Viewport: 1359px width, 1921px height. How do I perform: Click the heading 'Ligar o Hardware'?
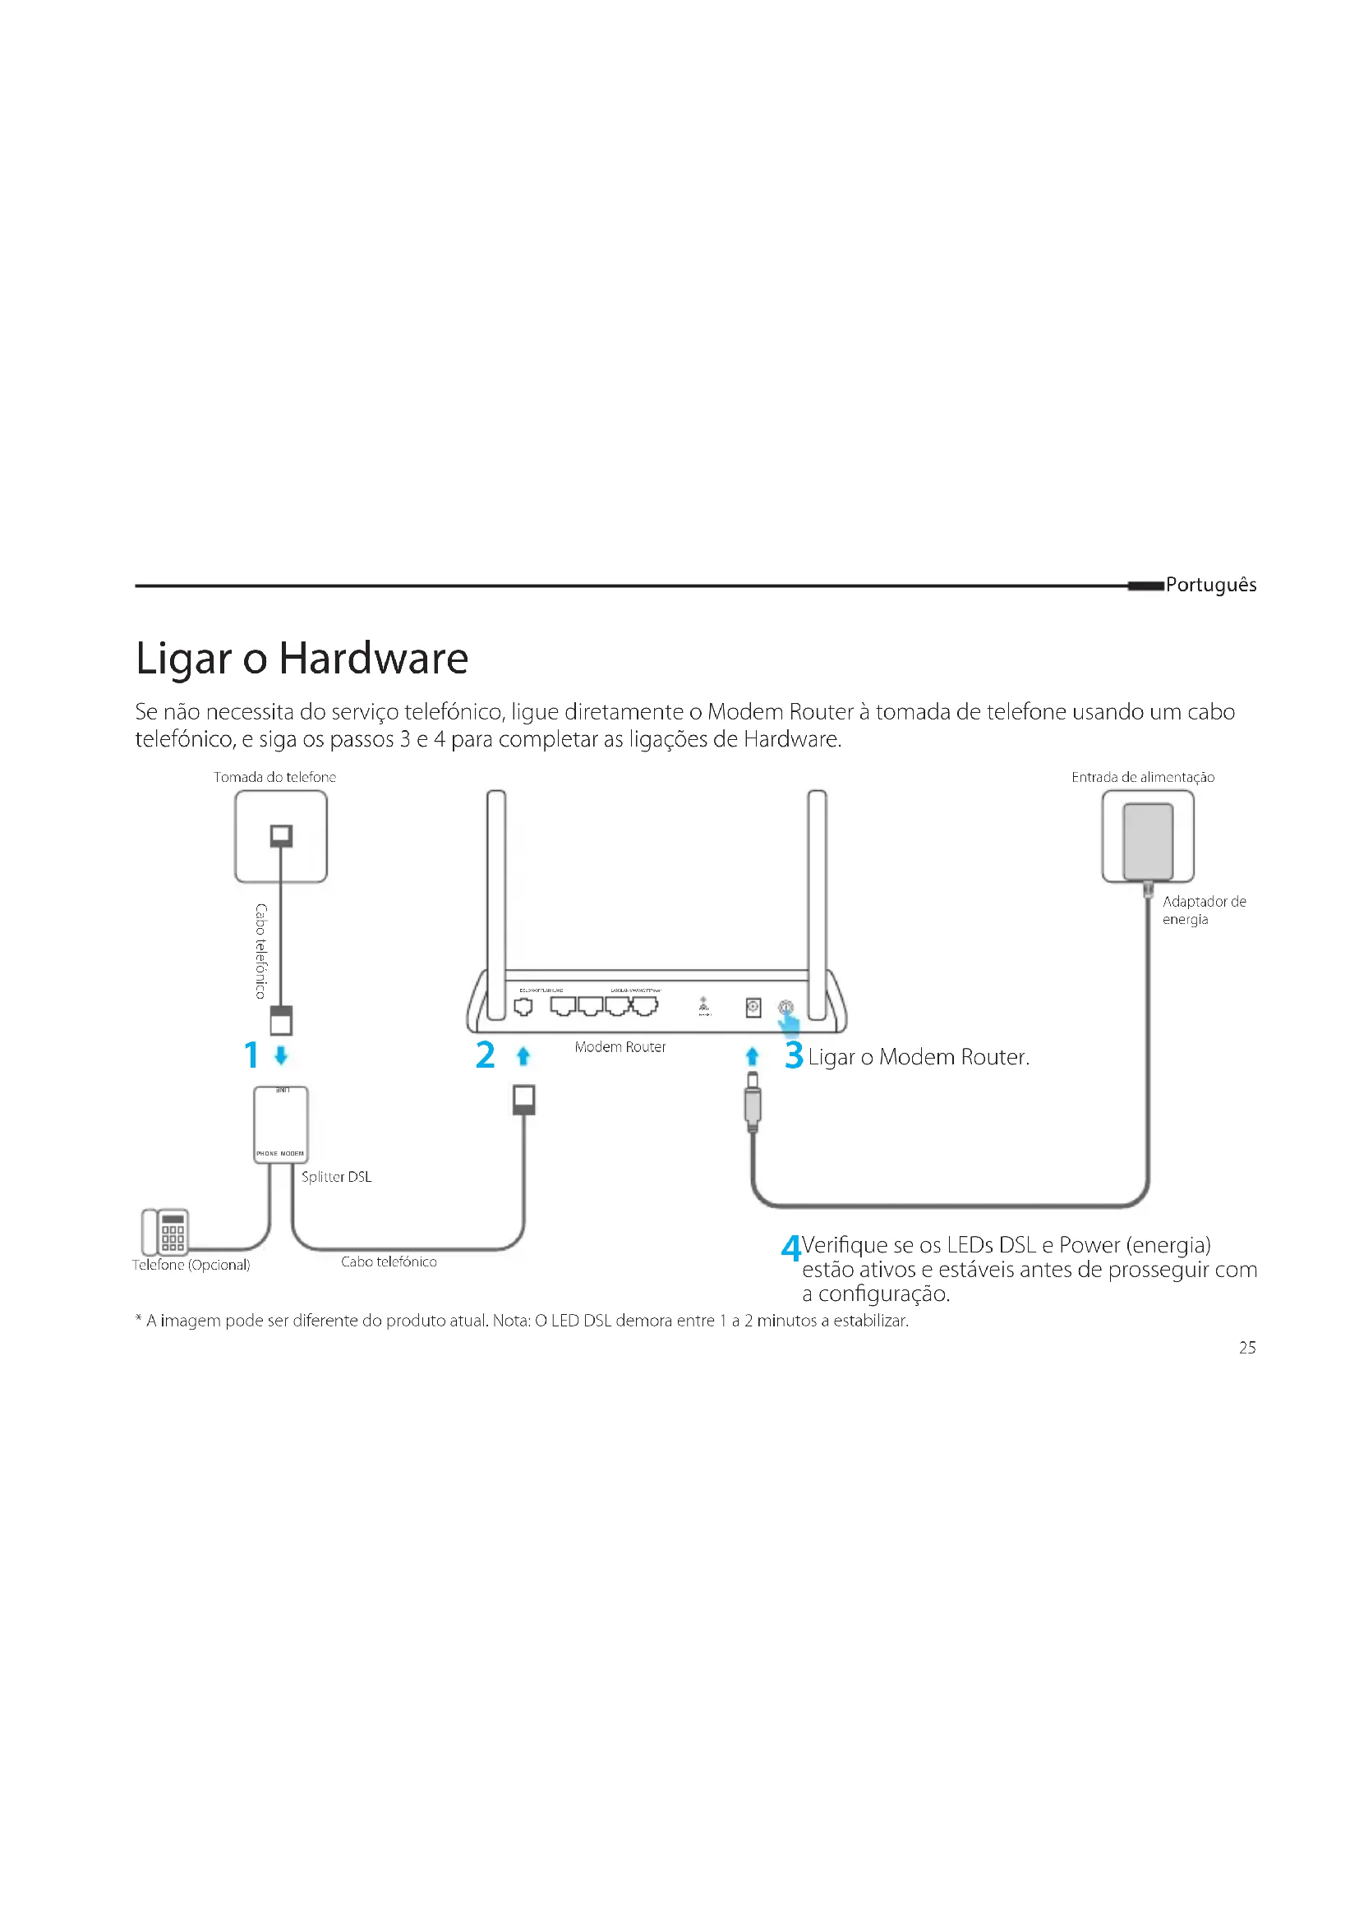tap(302, 659)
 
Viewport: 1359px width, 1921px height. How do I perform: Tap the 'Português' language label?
tap(1210, 585)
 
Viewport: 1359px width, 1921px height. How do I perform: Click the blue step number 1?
tap(251, 1055)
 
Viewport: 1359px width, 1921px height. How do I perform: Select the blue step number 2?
tap(485, 1055)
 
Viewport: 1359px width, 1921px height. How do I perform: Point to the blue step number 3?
tap(794, 1055)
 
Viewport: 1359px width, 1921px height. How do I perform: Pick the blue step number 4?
tap(790, 1248)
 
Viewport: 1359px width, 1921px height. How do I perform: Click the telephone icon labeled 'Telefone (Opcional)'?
tap(165, 1232)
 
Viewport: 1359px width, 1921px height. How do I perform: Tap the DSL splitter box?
tap(280, 1124)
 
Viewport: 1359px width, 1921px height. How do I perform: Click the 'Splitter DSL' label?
tap(336, 1177)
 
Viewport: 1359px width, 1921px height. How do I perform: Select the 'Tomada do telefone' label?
tap(274, 777)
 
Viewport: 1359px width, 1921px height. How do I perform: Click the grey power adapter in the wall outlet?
tap(1147, 841)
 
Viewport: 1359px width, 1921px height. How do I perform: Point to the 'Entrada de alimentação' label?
tap(1142, 777)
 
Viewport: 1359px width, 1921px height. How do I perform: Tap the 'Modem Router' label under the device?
tap(620, 1046)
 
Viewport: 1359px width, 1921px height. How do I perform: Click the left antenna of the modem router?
tap(496, 903)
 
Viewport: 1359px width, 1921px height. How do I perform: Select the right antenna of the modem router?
tap(817, 903)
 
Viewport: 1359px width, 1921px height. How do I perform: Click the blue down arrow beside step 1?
tap(281, 1055)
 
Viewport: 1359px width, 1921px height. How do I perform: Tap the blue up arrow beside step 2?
tap(524, 1056)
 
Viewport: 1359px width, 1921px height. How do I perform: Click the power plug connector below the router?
tap(753, 1103)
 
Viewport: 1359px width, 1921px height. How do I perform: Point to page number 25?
tap(1247, 1348)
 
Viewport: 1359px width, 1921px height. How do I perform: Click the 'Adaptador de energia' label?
tap(1204, 910)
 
